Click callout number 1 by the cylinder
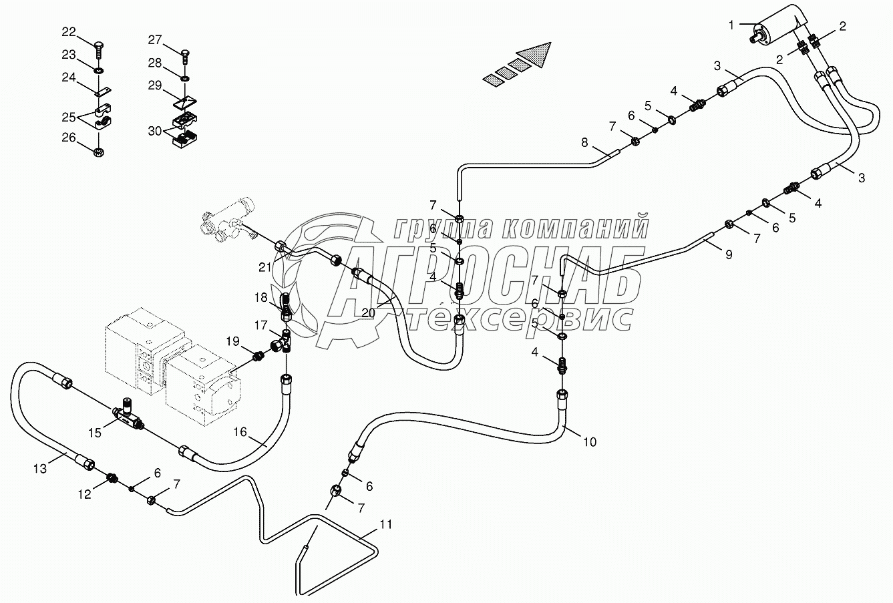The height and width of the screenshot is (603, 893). click(x=732, y=25)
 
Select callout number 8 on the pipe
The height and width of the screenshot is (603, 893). click(x=584, y=142)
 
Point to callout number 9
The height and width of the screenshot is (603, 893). click(x=728, y=254)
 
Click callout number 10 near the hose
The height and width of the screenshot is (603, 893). click(x=589, y=441)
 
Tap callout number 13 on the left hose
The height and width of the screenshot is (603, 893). click(x=41, y=469)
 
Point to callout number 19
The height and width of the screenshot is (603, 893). click(x=232, y=342)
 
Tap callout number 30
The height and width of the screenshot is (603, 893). click(x=155, y=130)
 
